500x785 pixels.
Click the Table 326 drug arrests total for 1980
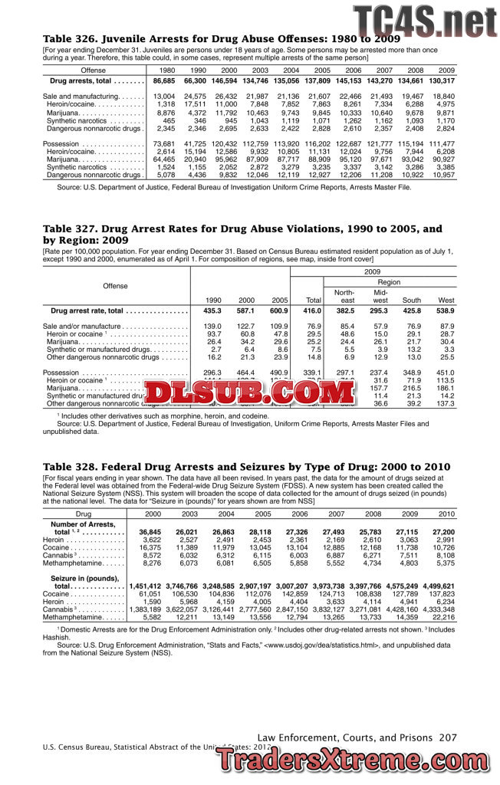(x=164, y=80)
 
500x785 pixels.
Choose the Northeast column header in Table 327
(x=347, y=297)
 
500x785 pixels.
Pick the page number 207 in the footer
(x=449, y=737)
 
